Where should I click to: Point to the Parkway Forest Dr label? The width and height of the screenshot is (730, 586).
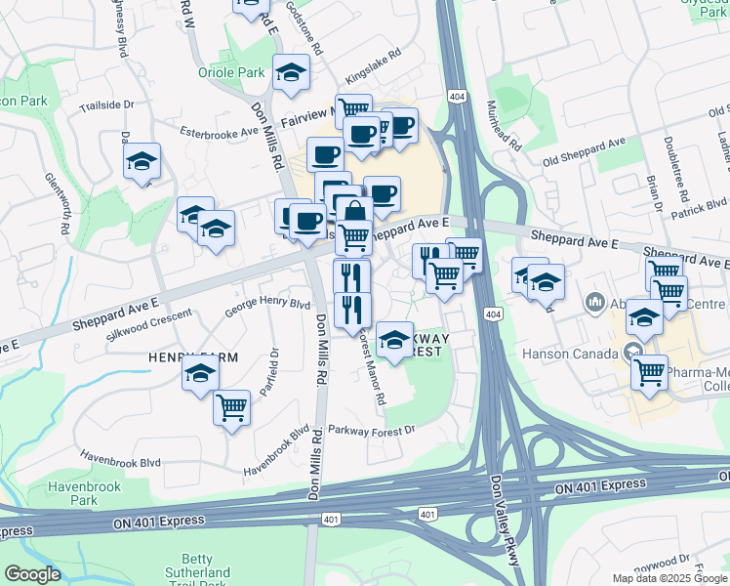(372, 429)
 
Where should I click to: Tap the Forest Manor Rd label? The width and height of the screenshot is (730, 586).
(372, 367)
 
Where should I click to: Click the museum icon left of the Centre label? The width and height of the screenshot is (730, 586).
(595, 304)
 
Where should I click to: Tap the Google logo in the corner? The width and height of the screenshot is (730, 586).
(33, 574)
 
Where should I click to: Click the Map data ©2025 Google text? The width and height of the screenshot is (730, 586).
(669, 578)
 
